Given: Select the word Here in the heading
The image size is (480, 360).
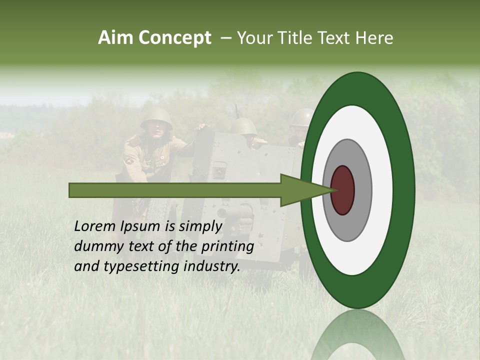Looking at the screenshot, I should (375, 38).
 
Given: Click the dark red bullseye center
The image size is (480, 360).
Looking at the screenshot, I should (343, 190).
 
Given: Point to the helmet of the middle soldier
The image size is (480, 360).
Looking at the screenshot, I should (243, 126).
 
